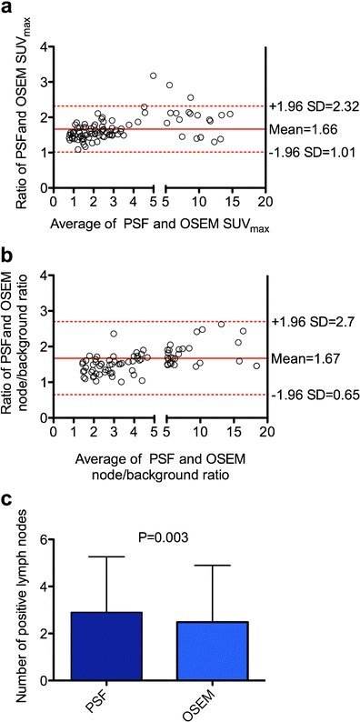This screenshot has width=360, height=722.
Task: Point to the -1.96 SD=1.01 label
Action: point(312,152)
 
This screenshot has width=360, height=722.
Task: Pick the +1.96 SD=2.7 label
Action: point(310,322)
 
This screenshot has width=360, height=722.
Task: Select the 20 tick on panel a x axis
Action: point(264,199)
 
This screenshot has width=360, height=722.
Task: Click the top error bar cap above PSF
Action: point(107,557)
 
